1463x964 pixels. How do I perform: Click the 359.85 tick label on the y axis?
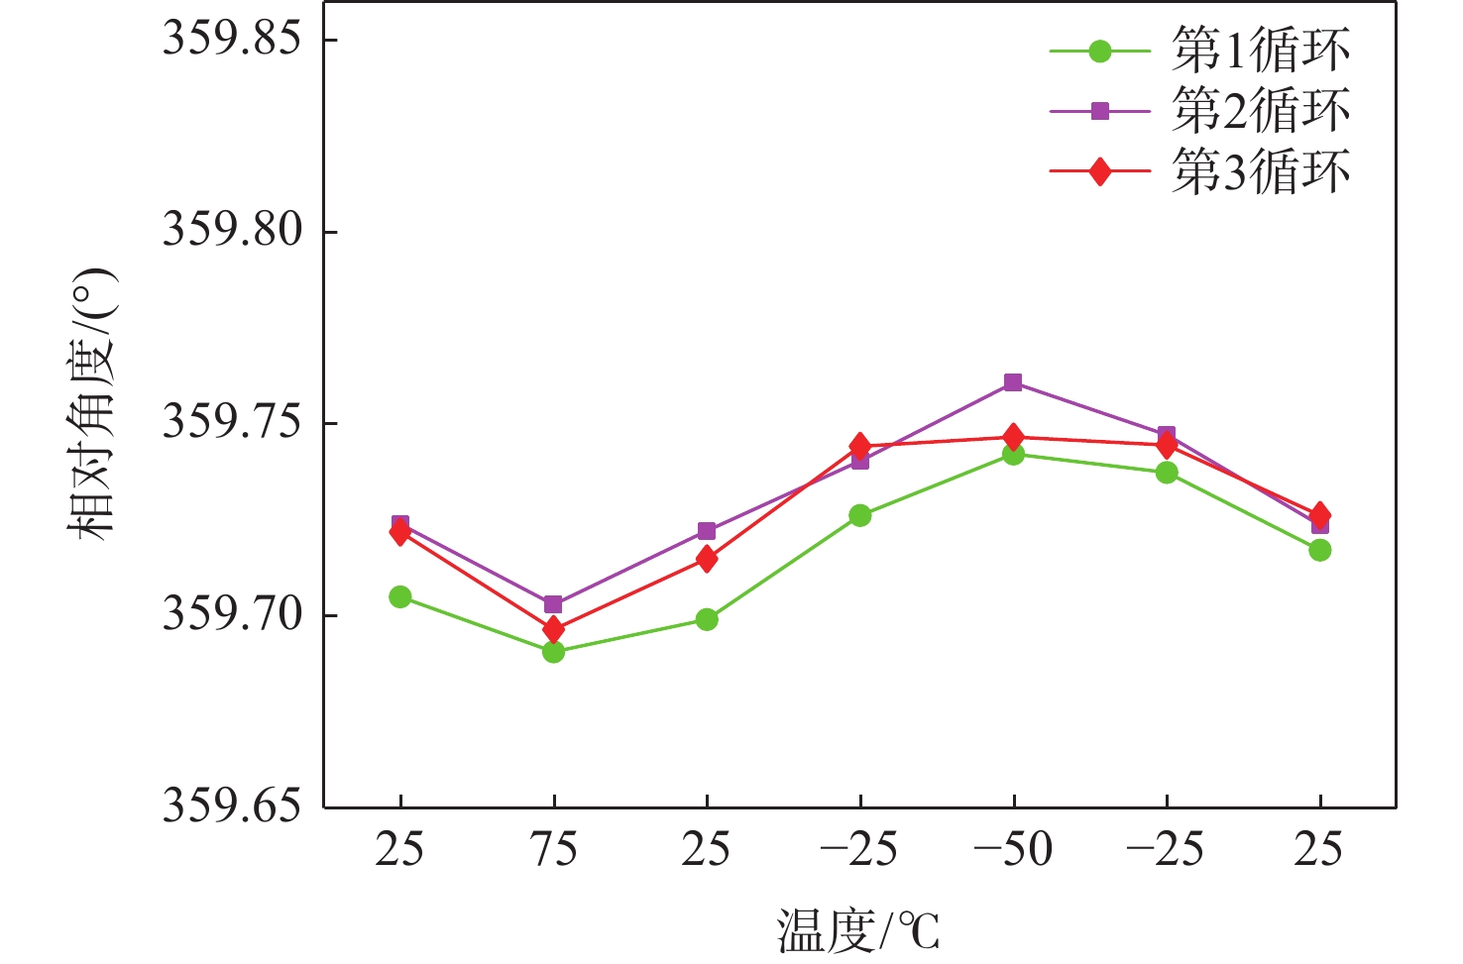232,40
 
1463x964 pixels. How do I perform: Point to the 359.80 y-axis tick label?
232,231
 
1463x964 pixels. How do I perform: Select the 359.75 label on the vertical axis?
232,423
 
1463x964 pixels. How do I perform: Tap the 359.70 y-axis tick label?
232,615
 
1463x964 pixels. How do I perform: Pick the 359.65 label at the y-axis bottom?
232,806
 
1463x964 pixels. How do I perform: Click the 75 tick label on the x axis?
553,850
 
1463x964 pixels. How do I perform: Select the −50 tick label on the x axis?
1012,850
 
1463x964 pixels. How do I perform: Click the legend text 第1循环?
1260,51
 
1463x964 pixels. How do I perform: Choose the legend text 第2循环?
1260,111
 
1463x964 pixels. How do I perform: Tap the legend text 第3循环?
1260,172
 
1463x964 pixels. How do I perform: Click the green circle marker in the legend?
1099,51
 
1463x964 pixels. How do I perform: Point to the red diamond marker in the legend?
1099,172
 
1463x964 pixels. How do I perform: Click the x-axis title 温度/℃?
857,930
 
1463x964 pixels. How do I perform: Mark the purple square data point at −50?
1013,382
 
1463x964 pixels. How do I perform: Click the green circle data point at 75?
553,652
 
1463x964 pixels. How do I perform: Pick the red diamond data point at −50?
1013,437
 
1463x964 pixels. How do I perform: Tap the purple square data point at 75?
553,604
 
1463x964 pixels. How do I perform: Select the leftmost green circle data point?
400,596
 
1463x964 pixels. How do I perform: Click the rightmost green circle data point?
1319,550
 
